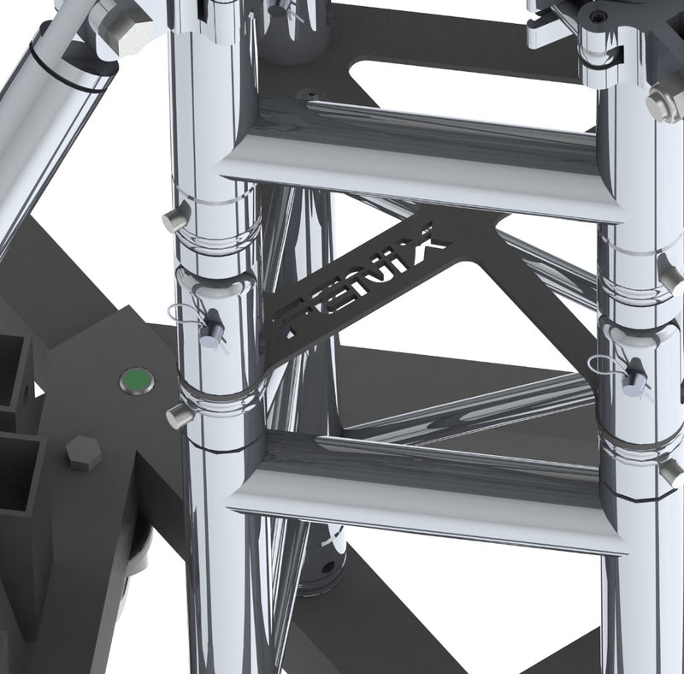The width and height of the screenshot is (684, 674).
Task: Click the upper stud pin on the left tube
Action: (176, 220)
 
